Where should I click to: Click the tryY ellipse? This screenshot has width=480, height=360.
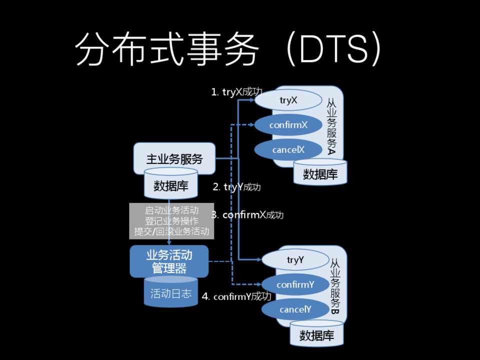click(295, 260)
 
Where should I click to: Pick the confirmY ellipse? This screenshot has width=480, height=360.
click(295, 284)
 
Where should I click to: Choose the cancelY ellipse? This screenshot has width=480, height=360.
click(295, 309)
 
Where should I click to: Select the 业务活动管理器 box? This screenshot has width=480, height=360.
click(169, 261)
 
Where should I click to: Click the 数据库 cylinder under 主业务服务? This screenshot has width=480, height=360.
click(171, 185)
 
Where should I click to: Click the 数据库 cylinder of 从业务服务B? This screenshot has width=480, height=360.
click(316, 334)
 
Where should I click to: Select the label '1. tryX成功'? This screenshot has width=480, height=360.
click(237, 92)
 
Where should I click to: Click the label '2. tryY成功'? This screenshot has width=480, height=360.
click(237, 187)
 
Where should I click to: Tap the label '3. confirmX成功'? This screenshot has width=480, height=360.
click(247, 215)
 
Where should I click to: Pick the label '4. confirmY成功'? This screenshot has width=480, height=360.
click(236, 296)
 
